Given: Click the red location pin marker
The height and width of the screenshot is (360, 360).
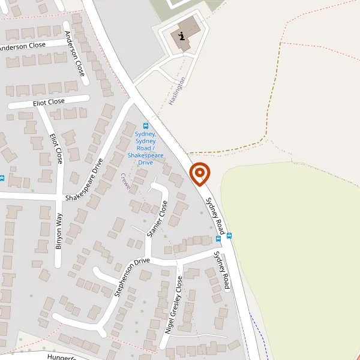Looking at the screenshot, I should (x=200, y=174).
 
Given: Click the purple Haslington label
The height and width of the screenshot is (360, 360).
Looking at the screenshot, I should (x=177, y=91).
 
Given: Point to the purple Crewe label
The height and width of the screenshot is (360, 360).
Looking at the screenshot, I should (x=125, y=182).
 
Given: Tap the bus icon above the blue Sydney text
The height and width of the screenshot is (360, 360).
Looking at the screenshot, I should (x=145, y=126).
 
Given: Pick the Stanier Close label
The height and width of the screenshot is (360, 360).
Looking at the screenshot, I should (x=156, y=219).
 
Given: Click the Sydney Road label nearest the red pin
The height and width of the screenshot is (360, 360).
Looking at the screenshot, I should (x=215, y=216).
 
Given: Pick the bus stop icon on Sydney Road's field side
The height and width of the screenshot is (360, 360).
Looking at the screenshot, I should (x=229, y=235).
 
